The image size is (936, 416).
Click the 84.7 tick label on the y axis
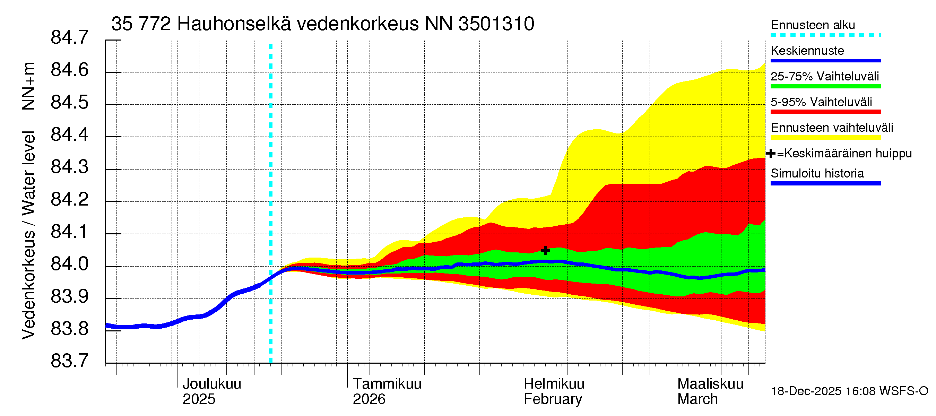pos(69,37)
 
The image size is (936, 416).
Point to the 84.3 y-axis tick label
pos(69,167)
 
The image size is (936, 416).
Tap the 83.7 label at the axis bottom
pos(69,361)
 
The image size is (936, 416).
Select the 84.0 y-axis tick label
pos(69,264)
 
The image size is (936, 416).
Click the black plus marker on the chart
pos(545,250)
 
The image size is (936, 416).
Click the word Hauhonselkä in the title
pos(234,24)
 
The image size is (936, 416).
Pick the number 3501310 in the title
pos(496,24)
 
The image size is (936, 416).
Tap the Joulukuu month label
pos(212,384)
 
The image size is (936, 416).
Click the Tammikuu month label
pos(387,384)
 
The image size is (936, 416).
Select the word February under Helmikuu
pos(553,399)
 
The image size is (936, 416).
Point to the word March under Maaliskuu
pos(697,399)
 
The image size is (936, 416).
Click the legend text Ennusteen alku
pos(813,25)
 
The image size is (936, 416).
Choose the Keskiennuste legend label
pos(807,51)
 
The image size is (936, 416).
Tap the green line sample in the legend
pos(825,86)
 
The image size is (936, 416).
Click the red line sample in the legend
pos(825,112)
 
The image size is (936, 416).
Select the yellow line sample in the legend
pos(825,137)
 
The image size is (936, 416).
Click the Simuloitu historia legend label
pos(817,173)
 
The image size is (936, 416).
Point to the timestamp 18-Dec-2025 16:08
pos(806,391)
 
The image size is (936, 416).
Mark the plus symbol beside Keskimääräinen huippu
pos(770,154)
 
